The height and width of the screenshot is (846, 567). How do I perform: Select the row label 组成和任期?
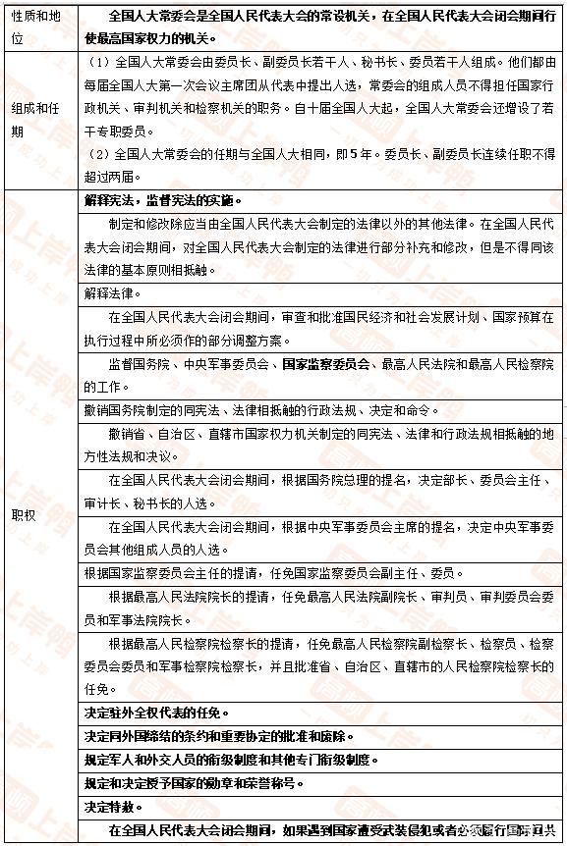(37, 121)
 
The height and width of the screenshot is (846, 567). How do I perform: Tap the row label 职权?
(24, 514)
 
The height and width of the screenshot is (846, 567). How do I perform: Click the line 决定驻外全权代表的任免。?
(157, 712)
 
